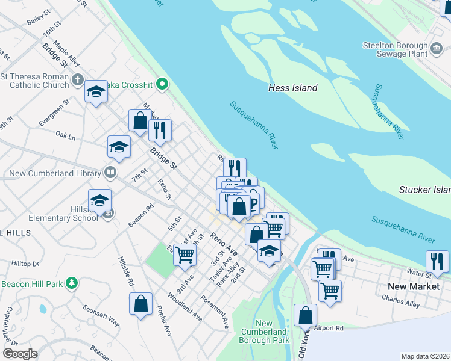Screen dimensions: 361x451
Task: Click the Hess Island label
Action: [292, 88]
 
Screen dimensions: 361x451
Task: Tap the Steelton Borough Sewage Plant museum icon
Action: [436, 46]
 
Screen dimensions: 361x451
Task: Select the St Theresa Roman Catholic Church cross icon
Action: [78, 79]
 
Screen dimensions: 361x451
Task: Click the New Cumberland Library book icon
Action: [110, 173]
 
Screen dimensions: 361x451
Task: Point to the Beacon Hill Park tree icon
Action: [72, 283]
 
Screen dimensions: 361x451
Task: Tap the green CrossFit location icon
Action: [161, 85]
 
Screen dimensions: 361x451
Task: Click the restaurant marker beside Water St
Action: [437, 261]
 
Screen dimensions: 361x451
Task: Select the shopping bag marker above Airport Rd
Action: [306, 315]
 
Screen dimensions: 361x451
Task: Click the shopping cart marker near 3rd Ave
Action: [184, 255]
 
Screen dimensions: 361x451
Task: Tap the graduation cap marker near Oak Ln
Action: [119, 147]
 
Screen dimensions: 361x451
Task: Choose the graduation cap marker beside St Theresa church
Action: [95, 92]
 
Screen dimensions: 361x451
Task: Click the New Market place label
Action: [414, 286]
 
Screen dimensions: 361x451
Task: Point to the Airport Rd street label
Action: [329, 328]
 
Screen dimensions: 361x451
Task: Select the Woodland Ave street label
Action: [185, 306]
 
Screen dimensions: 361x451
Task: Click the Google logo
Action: [20, 353]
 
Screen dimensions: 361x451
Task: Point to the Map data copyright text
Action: [425, 356]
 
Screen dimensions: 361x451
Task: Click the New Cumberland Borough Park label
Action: [263, 332]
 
